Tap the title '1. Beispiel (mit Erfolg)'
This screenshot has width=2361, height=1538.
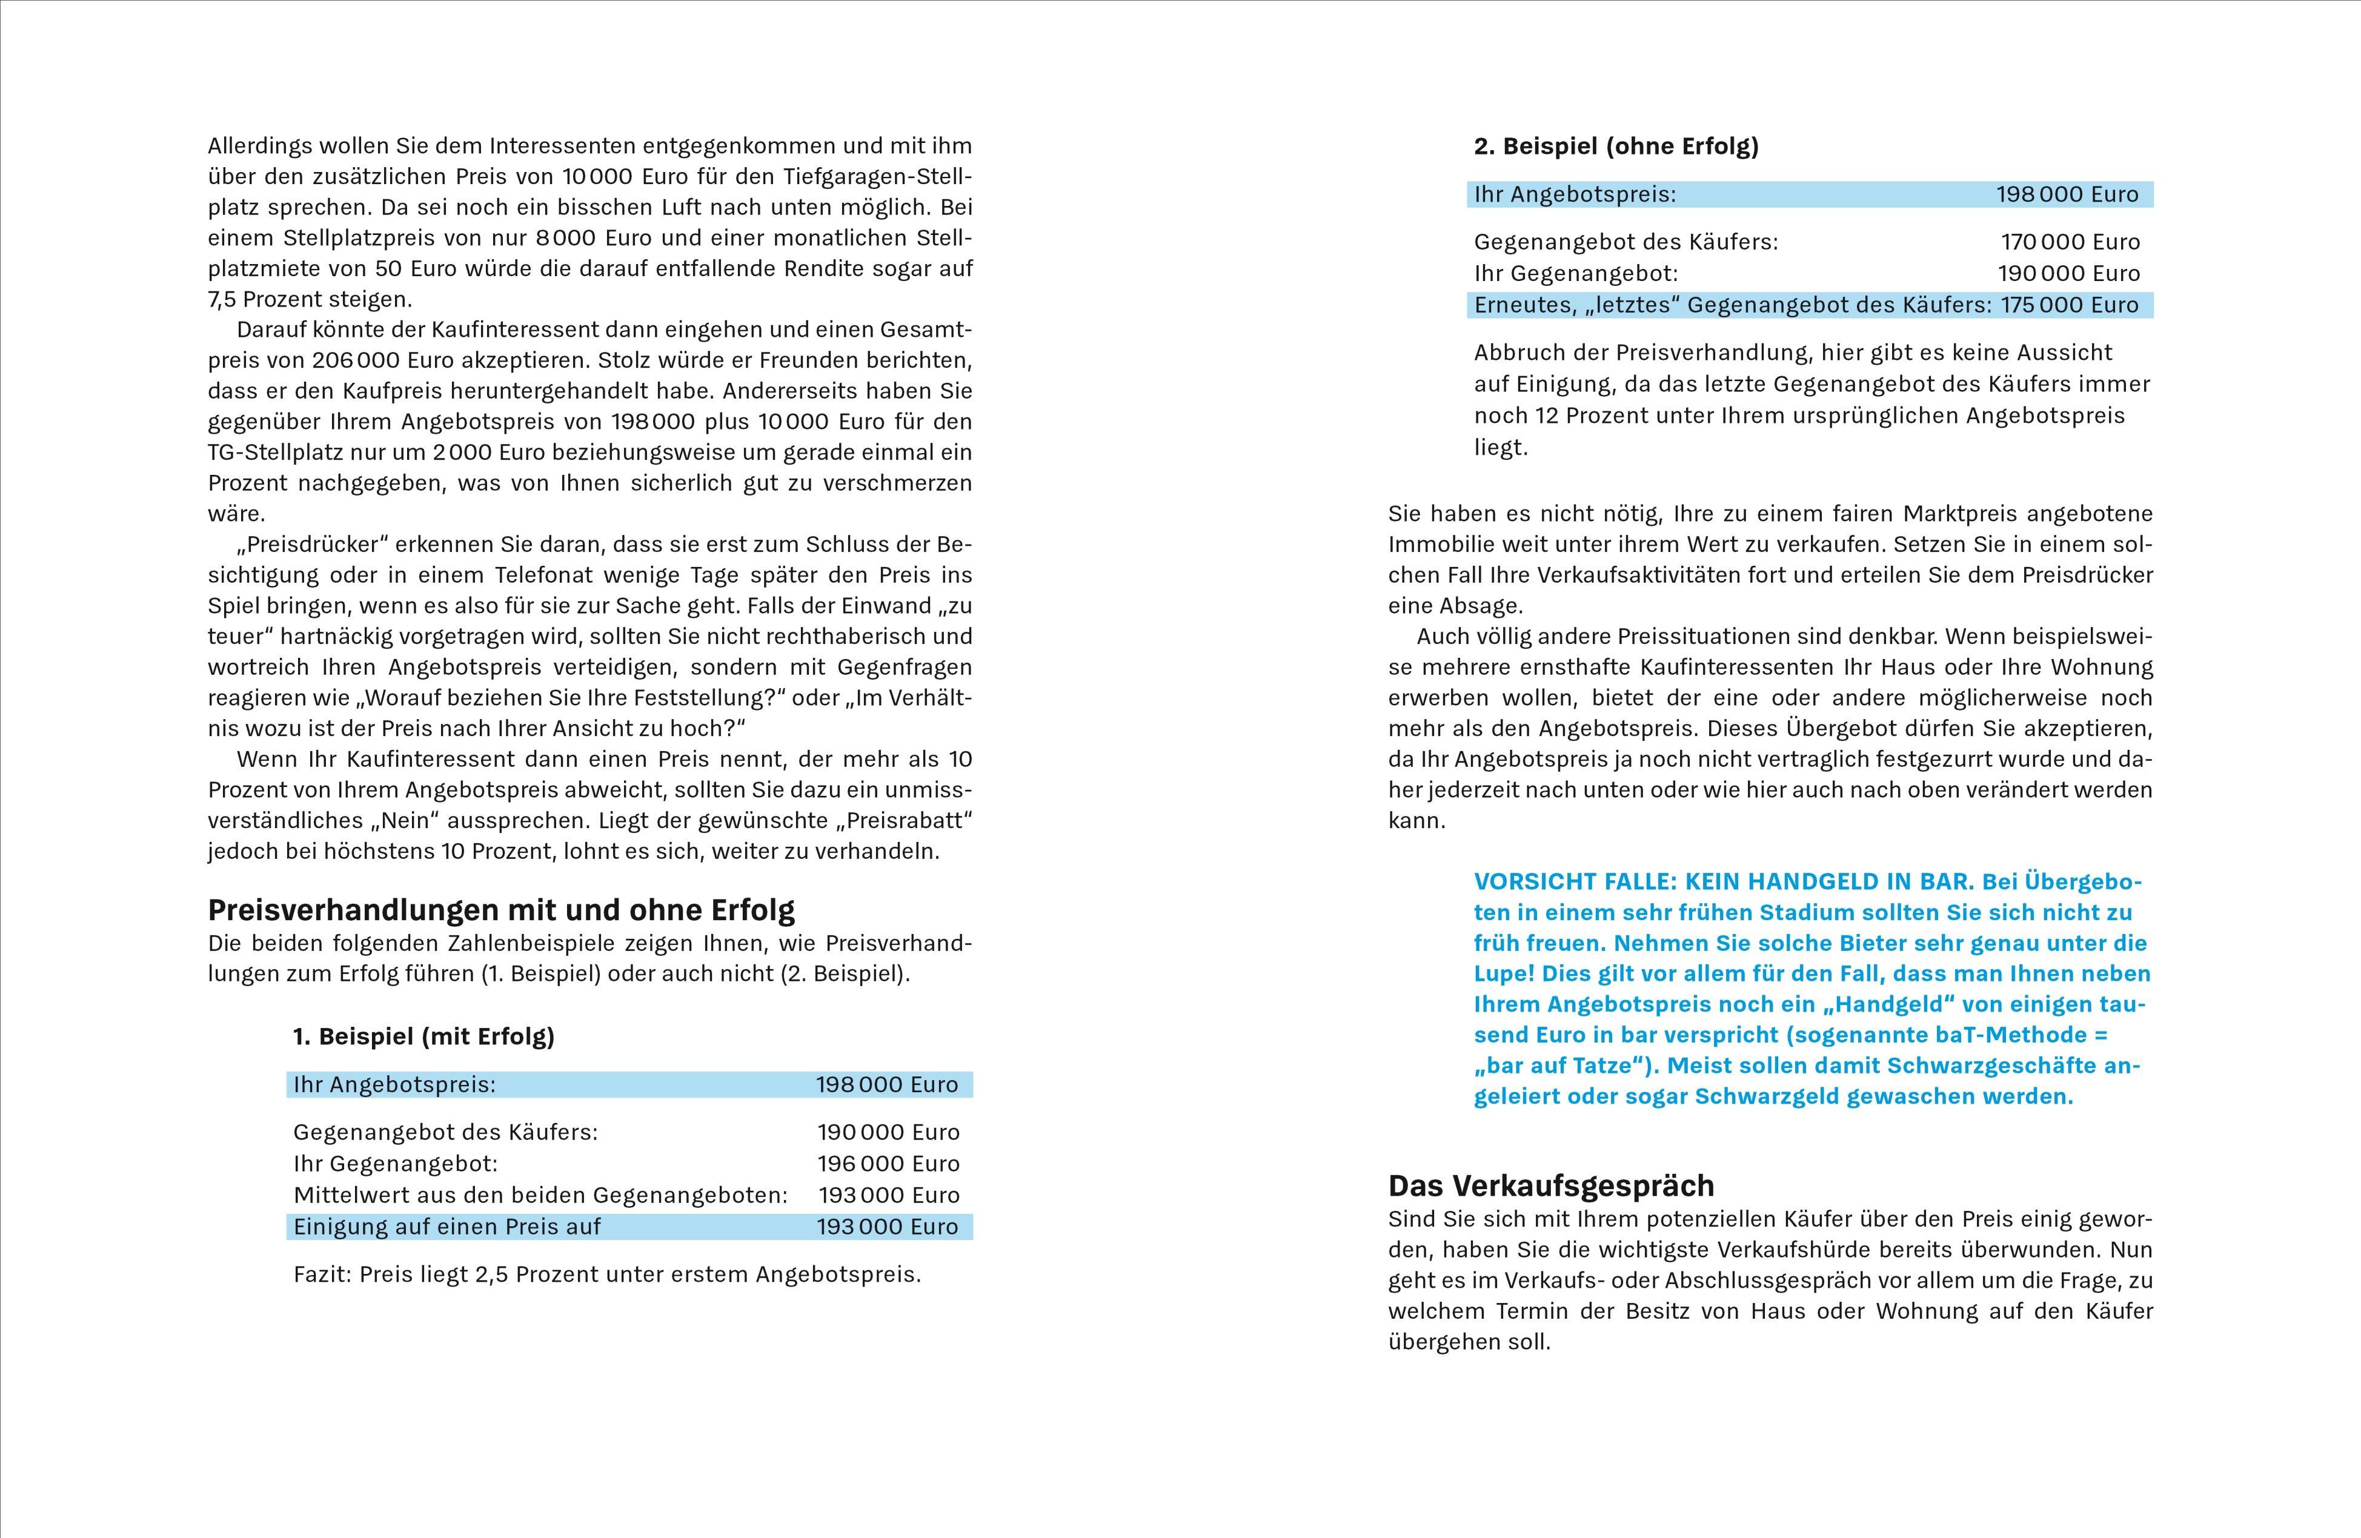point(423,1036)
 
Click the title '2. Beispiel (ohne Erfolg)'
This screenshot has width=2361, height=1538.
point(1616,147)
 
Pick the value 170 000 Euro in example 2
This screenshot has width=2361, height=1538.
point(2070,242)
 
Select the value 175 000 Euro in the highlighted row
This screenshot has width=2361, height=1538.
point(2070,305)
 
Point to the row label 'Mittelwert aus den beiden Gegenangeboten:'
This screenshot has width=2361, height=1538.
point(540,1195)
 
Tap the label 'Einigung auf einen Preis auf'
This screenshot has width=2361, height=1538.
point(447,1227)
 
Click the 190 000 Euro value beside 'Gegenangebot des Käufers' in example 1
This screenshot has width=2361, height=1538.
point(888,1132)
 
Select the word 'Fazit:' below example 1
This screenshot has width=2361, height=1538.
point(322,1274)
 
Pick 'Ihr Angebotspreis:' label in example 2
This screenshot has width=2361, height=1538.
point(1575,194)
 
